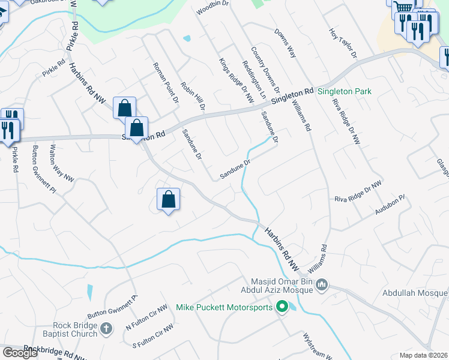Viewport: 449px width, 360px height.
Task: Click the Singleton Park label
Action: [x=345, y=92]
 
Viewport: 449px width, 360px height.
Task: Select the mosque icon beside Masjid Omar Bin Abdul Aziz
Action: [x=322, y=284]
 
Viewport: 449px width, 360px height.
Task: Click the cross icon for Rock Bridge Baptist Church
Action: [x=106, y=328]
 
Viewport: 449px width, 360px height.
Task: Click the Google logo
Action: [x=20, y=353]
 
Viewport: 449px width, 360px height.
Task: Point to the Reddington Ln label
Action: [x=253, y=79]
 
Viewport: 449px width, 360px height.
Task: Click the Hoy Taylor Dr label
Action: [x=343, y=42]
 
